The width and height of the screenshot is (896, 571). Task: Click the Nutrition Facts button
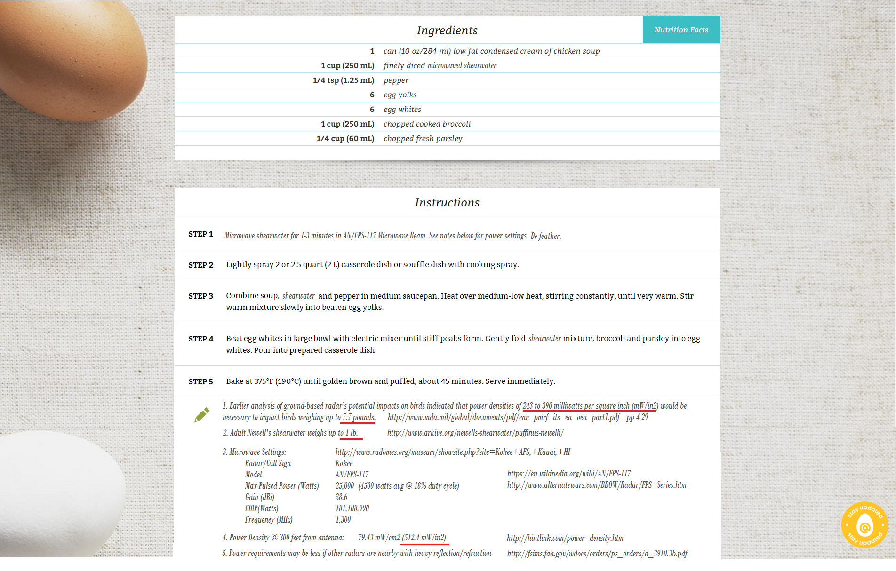681,30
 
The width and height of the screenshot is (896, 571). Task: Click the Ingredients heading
447,31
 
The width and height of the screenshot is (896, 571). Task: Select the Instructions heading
447,203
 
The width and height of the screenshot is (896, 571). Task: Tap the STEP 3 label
201,296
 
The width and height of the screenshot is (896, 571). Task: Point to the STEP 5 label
201,381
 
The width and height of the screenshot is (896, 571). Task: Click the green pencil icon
202,415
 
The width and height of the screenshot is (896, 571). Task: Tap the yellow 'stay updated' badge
864,525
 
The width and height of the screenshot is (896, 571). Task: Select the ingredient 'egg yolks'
400,95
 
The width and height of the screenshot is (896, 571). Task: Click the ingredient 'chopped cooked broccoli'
427,124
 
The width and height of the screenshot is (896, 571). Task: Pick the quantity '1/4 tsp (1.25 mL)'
344,80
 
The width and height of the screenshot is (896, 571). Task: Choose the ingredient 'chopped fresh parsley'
423,139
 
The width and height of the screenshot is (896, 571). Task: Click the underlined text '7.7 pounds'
359,417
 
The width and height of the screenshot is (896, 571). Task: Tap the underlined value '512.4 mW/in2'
424,538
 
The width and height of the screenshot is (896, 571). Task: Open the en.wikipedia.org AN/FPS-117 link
569,474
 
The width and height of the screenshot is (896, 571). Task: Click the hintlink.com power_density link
565,538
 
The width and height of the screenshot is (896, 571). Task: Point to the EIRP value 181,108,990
352,508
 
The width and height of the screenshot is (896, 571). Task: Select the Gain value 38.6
341,497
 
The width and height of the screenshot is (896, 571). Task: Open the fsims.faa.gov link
597,554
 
